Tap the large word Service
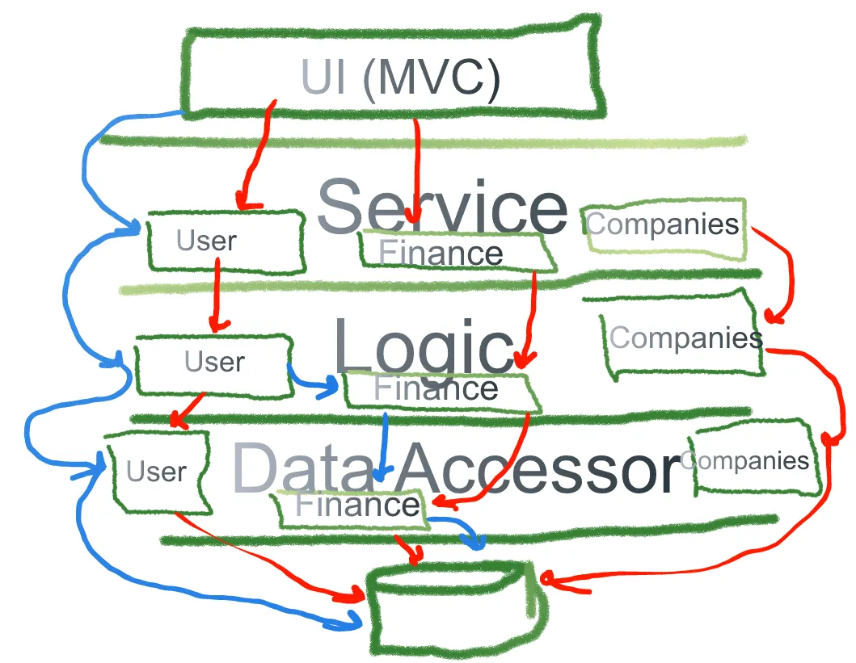(441, 207)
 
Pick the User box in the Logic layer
(213, 365)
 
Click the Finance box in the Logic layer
(441, 390)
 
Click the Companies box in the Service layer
(663, 225)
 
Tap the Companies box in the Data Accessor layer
(752, 460)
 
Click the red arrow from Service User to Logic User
(217, 299)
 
